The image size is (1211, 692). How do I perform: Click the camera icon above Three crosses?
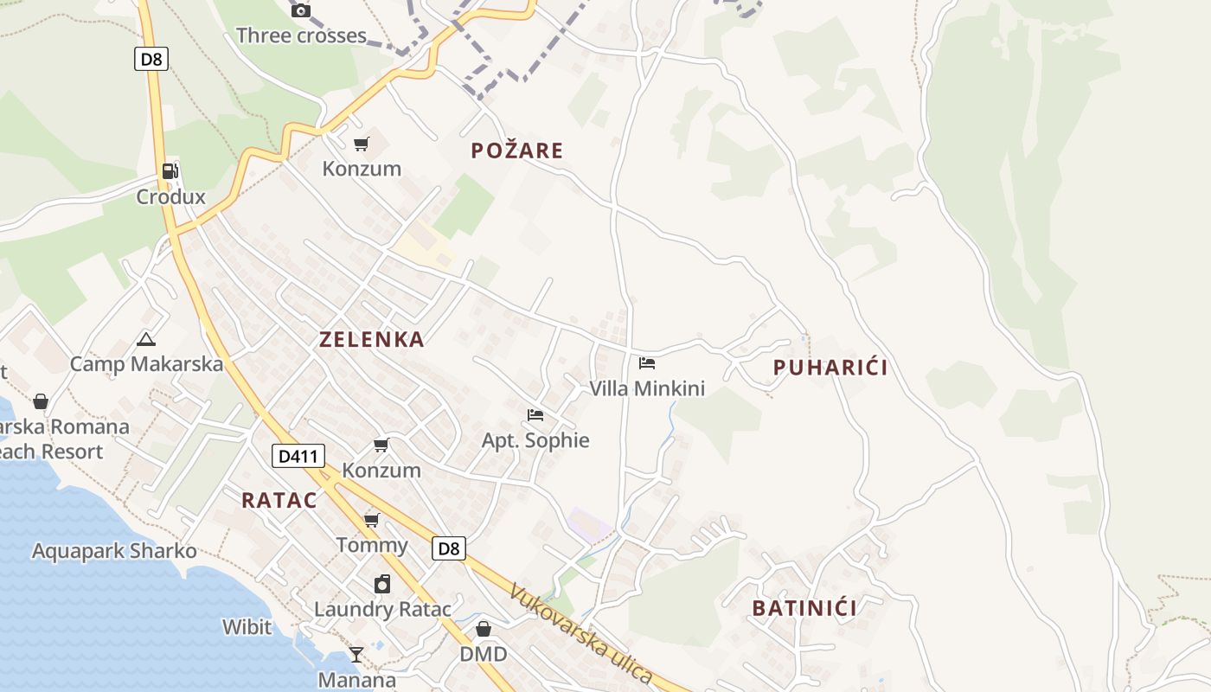click(301, 10)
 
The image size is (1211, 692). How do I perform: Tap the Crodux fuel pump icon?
click(170, 171)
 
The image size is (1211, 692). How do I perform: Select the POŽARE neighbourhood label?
click(517, 151)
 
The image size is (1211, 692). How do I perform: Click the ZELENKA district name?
click(372, 340)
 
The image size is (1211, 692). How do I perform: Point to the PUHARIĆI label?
click(830, 368)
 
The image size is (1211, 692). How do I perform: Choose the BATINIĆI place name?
click(804, 608)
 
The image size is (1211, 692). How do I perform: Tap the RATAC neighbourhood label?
click(279, 500)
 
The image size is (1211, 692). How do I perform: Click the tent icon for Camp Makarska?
click(145, 339)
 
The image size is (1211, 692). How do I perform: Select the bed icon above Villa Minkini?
click(647, 363)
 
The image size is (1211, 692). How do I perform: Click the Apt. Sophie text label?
click(535, 440)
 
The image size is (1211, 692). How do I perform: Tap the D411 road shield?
click(298, 456)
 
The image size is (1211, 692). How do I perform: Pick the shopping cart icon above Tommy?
click(372, 520)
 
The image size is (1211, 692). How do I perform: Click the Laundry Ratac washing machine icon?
click(382, 584)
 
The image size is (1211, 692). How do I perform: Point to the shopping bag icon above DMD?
click(484, 628)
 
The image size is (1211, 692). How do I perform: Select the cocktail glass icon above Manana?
click(356, 654)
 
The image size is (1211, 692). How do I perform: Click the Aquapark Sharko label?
click(114, 551)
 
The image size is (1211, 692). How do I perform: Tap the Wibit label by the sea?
click(247, 627)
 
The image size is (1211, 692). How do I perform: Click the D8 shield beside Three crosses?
click(151, 59)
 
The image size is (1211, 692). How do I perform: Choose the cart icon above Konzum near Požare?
click(362, 144)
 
